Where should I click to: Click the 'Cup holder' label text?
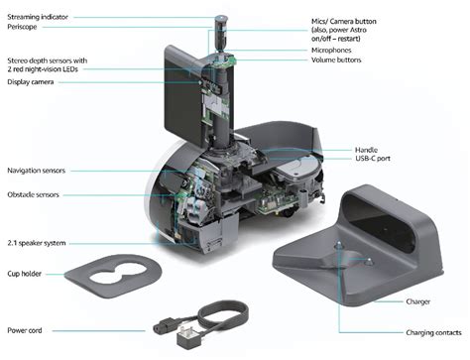coord(30,273)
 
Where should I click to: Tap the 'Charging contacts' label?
coord(407,332)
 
